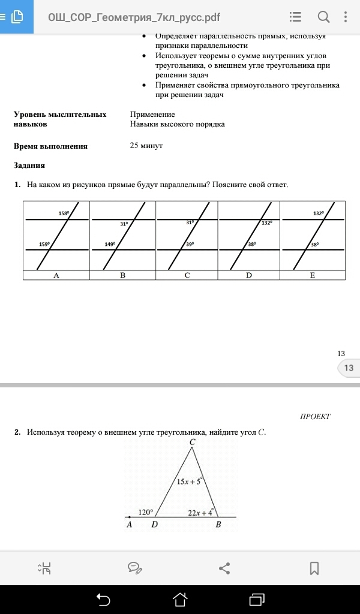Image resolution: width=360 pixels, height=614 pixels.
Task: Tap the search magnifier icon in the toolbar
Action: click(x=323, y=17)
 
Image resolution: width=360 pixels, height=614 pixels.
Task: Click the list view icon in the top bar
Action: click(x=295, y=17)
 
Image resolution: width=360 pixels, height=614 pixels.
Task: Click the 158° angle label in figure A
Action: click(x=64, y=213)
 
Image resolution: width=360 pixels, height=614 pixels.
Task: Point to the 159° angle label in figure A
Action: click(x=44, y=244)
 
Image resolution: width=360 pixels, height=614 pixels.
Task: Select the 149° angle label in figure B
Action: click(x=109, y=244)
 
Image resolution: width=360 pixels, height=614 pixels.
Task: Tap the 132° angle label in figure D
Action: click(x=266, y=222)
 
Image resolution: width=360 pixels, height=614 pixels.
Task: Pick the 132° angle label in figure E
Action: click(x=319, y=213)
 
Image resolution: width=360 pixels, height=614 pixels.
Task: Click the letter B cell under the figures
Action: click(x=122, y=275)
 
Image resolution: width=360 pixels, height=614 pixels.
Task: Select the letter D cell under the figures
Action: click(x=249, y=275)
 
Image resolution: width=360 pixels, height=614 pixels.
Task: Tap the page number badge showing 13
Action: click(x=349, y=368)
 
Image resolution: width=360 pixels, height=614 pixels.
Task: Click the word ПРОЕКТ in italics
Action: click(x=315, y=416)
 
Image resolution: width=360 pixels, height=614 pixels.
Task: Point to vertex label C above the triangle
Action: click(x=192, y=443)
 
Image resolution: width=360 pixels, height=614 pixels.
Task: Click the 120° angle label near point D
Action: click(x=146, y=513)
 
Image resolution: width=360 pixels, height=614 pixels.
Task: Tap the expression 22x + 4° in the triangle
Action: click(x=200, y=513)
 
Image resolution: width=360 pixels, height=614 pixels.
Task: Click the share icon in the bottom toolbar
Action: click(x=224, y=567)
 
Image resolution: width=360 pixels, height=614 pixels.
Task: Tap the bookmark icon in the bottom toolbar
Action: click(x=314, y=567)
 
